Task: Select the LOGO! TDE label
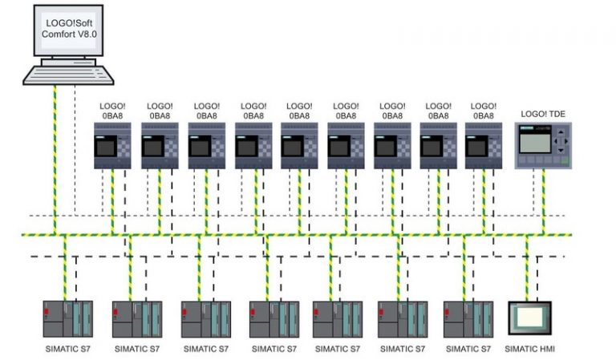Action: point(543,114)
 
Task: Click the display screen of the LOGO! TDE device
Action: point(533,141)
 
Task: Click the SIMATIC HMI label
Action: point(529,349)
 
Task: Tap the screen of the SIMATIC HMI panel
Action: point(529,318)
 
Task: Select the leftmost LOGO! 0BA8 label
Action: point(113,111)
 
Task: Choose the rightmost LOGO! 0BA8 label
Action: point(484,111)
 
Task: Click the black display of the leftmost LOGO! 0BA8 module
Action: point(106,147)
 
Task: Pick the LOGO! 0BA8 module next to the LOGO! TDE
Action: point(484,145)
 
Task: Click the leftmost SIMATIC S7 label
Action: point(68,349)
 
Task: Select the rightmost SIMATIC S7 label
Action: point(468,349)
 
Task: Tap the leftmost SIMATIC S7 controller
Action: point(68,318)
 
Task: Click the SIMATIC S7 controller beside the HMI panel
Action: point(468,318)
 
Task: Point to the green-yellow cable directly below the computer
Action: point(55,160)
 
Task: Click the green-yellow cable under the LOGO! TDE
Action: point(544,200)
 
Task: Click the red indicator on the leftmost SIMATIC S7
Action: point(48,310)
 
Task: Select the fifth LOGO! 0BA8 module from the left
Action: point(299,145)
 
